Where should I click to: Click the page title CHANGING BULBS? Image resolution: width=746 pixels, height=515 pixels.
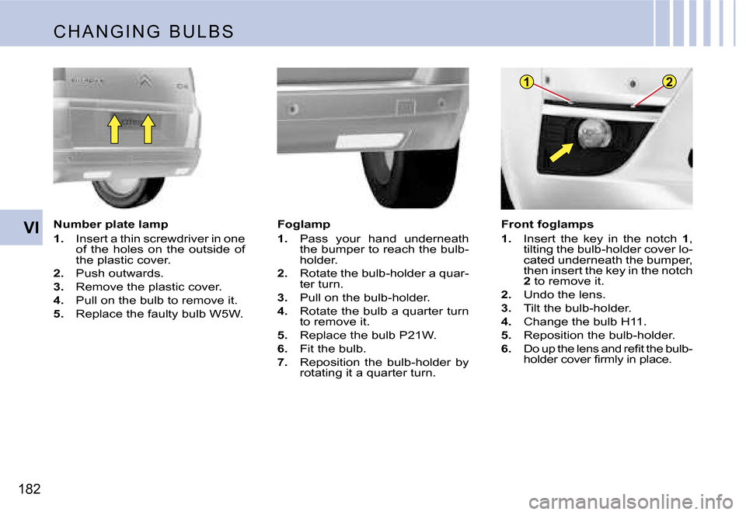[144, 32]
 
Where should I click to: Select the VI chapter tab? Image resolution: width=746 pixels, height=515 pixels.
[30, 228]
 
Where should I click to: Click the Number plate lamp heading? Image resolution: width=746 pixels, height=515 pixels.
[110, 224]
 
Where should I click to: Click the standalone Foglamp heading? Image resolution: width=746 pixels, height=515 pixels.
[303, 224]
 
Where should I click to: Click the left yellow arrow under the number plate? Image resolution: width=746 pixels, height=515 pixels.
[114, 129]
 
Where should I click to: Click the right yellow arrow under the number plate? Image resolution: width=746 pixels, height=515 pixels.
[147, 129]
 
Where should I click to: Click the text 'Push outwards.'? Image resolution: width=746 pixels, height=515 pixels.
[119, 273]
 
